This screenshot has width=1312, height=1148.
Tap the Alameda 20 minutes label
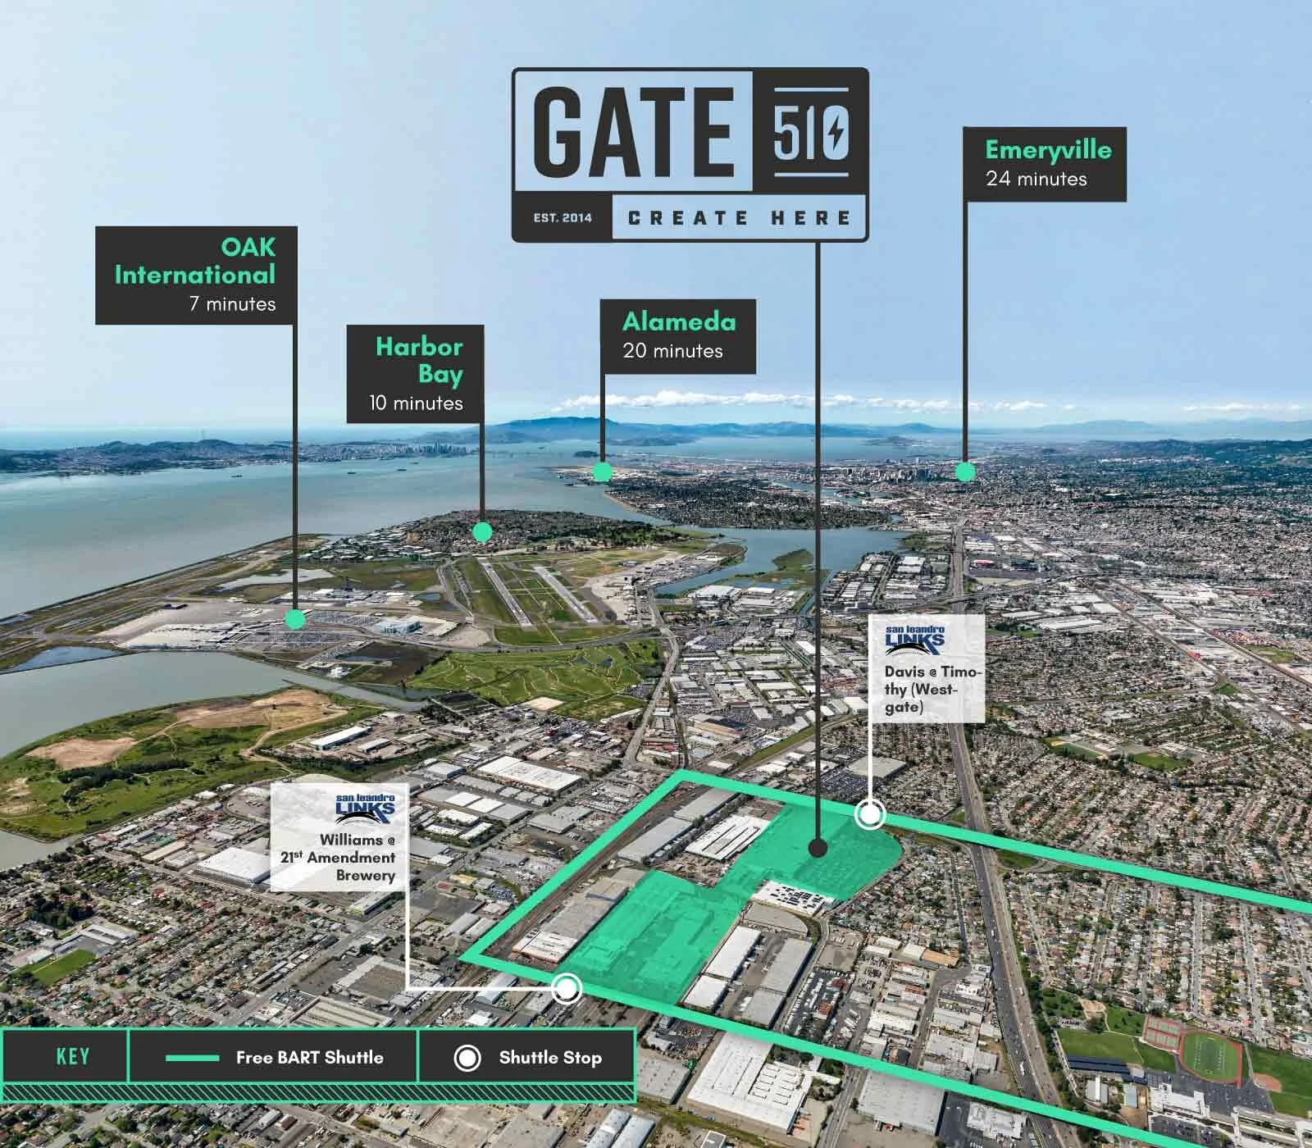click(677, 335)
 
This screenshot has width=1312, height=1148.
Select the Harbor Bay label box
click(415, 374)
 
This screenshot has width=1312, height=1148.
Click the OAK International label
click(196, 275)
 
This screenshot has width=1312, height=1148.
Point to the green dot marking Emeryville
click(965, 471)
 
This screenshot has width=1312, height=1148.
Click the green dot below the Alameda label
click(603, 471)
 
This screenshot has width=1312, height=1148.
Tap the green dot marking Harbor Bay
click(482, 532)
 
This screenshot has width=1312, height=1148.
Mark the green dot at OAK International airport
click(296, 619)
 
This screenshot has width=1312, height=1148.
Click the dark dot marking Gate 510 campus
click(817, 848)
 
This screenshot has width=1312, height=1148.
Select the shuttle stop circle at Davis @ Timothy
click(869, 815)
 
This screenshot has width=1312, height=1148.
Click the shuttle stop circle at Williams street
click(567, 989)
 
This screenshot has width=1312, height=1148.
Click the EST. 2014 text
click(563, 218)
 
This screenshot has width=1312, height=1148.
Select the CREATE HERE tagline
click(740, 218)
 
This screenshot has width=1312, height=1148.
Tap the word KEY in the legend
click(72, 1056)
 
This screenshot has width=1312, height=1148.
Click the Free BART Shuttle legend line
click(192, 1058)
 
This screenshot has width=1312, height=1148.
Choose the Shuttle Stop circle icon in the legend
click(467, 1058)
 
